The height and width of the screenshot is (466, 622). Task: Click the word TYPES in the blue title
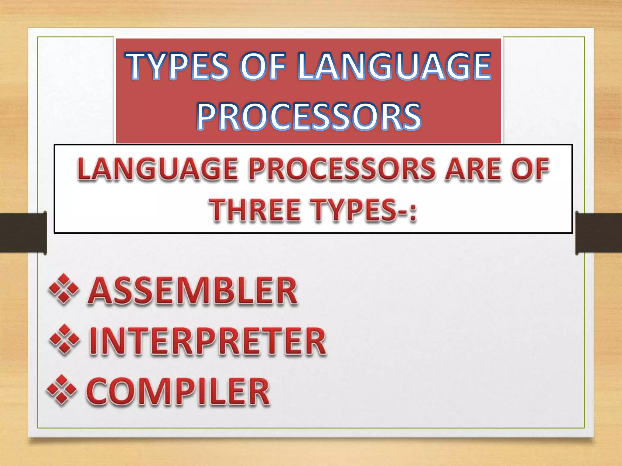179,66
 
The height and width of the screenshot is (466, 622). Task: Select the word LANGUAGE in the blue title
394,66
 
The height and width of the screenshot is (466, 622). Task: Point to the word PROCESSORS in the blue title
309,116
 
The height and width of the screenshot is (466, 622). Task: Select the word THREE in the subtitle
256,210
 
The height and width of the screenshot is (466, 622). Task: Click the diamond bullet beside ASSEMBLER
63,289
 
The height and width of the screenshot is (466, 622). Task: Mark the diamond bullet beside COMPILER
62,390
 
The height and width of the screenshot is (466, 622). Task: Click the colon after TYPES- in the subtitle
412,213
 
